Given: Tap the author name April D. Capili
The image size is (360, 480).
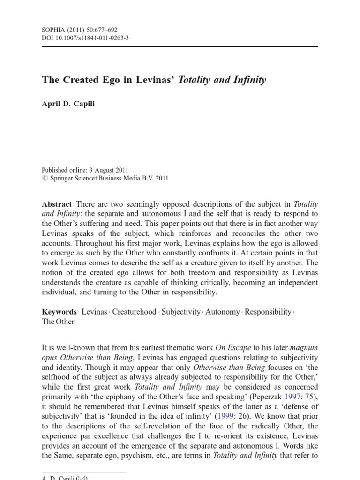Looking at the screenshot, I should click(x=68, y=104).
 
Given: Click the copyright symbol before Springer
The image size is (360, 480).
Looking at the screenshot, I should click(x=45, y=178).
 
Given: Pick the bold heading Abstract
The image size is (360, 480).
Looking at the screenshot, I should click(x=57, y=204).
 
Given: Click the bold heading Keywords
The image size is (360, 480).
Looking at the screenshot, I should click(x=59, y=312).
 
